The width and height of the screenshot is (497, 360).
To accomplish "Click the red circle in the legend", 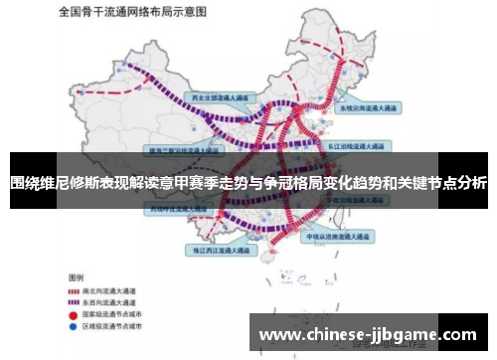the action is (74, 313).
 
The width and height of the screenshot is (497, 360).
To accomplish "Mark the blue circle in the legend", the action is (74, 325).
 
